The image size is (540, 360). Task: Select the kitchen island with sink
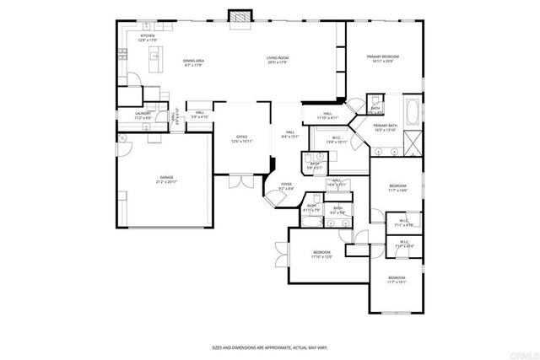coord(155,59)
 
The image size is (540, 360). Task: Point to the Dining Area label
coord(193,61)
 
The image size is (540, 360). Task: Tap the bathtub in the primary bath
coord(413,110)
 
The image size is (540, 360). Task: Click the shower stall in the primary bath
coord(413,142)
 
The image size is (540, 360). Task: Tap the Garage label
coord(165,180)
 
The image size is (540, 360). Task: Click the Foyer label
coord(287,187)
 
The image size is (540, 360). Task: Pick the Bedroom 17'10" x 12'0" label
coord(321,255)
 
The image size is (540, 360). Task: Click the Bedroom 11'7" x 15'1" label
coord(397,280)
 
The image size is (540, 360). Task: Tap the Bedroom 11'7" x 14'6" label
coord(397,187)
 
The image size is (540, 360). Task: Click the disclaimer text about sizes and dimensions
coord(270,347)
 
